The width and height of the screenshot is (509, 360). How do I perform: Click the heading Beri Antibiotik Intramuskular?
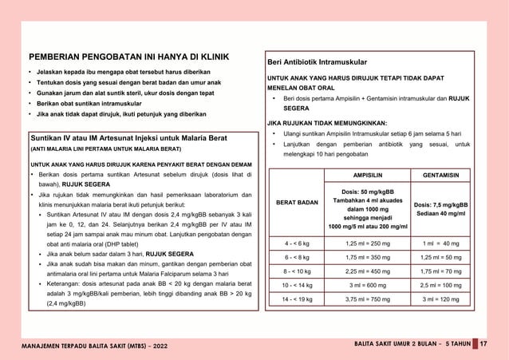tap(317, 61)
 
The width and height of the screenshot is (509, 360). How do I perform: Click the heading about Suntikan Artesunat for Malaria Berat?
tap(129, 138)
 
